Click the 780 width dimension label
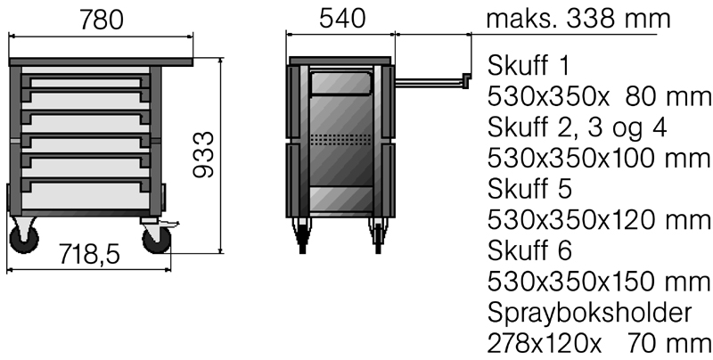point(101,20)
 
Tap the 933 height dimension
point(203,154)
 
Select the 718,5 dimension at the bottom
point(89,255)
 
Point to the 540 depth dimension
point(341,19)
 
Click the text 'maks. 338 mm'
point(578,19)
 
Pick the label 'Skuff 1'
point(529,66)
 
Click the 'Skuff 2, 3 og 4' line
point(577,128)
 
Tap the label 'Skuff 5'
point(529,189)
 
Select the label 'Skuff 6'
point(529,250)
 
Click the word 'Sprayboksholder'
point(589,313)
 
